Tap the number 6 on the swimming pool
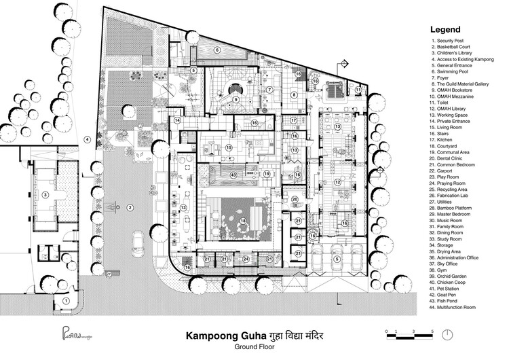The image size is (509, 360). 217,50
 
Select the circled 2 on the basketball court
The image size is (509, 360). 132,206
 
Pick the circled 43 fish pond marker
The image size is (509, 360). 233,175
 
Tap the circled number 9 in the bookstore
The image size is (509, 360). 235,100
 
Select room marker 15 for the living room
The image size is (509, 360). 229,147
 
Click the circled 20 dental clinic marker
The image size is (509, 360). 295,199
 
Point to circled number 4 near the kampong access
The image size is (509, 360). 87,139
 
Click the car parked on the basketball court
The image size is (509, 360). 140,241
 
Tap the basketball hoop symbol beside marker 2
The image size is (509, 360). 117,205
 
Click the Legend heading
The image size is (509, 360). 445,30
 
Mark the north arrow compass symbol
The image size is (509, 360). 450,334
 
